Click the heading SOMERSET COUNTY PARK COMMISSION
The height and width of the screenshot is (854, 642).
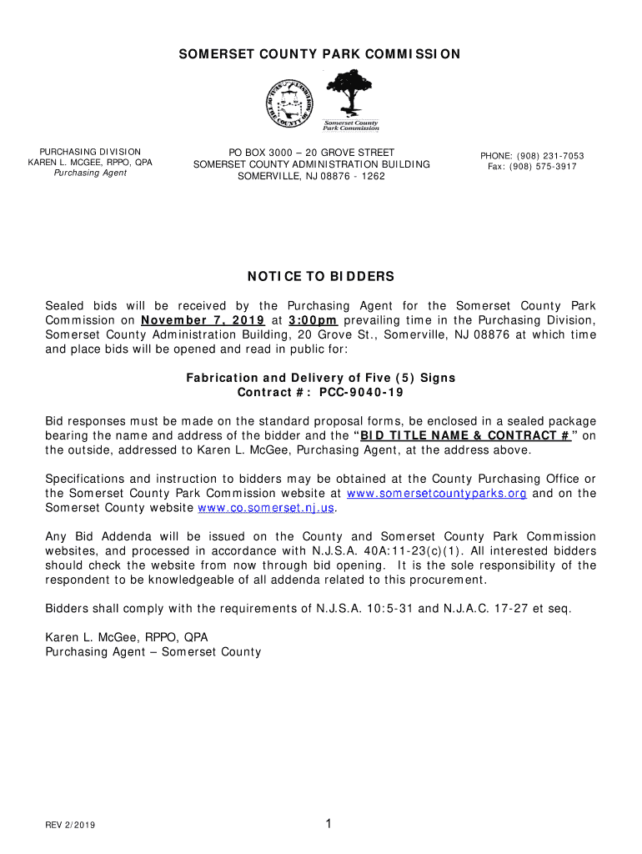[x=320, y=54]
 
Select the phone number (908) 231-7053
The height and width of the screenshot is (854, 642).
[x=550, y=156]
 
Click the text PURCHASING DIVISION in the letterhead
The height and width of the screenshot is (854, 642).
[x=90, y=152]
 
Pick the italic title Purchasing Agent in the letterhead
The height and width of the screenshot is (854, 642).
[x=90, y=173]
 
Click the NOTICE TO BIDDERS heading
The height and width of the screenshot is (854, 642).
[x=320, y=276]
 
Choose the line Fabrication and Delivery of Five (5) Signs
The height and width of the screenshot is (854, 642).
[x=320, y=378]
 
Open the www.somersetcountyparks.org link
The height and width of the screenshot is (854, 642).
[x=436, y=493]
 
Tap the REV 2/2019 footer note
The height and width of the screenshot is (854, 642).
[x=70, y=826]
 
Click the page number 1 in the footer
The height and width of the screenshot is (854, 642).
[x=329, y=825]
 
